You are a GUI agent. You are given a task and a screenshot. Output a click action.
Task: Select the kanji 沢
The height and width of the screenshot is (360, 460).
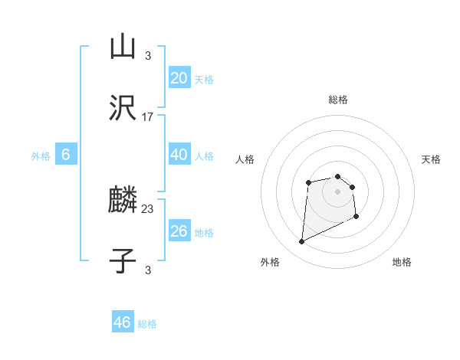click(x=123, y=110)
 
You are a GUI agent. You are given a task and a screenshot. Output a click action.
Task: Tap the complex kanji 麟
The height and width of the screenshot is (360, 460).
click(x=123, y=201)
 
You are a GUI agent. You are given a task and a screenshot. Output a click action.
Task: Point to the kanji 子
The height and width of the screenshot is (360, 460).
click(x=123, y=260)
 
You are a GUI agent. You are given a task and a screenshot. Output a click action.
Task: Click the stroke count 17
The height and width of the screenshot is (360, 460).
click(x=148, y=117)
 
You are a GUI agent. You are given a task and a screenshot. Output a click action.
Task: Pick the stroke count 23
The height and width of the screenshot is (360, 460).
click(x=148, y=208)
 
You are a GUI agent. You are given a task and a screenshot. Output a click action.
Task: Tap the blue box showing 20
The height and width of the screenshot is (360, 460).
click(x=179, y=77)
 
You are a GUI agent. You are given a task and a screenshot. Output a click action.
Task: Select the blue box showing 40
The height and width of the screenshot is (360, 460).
click(x=179, y=155)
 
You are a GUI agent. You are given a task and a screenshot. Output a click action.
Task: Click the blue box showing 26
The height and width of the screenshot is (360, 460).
click(x=179, y=231)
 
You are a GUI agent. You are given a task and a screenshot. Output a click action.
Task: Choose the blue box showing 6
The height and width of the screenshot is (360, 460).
click(x=66, y=155)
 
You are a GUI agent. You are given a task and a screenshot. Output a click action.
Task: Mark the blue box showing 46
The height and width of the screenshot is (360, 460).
click(x=123, y=322)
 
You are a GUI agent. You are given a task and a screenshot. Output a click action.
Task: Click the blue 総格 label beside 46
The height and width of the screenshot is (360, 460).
click(x=147, y=324)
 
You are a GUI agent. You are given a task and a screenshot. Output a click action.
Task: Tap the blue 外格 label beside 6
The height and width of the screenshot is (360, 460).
click(x=41, y=156)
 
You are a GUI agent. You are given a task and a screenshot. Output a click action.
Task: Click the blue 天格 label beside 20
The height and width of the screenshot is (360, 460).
click(x=204, y=80)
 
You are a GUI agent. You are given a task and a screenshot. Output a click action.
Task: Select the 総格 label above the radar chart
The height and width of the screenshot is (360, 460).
click(x=337, y=100)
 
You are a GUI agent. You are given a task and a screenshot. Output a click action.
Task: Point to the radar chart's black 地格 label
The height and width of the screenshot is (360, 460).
click(x=402, y=262)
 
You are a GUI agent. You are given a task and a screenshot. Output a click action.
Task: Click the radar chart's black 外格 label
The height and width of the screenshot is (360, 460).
click(x=270, y=262)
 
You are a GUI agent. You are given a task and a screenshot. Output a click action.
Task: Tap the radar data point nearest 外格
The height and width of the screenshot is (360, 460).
click(x=301, y=242)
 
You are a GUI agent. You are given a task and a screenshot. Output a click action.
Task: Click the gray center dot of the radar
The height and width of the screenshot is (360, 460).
click(x=337, y=191)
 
